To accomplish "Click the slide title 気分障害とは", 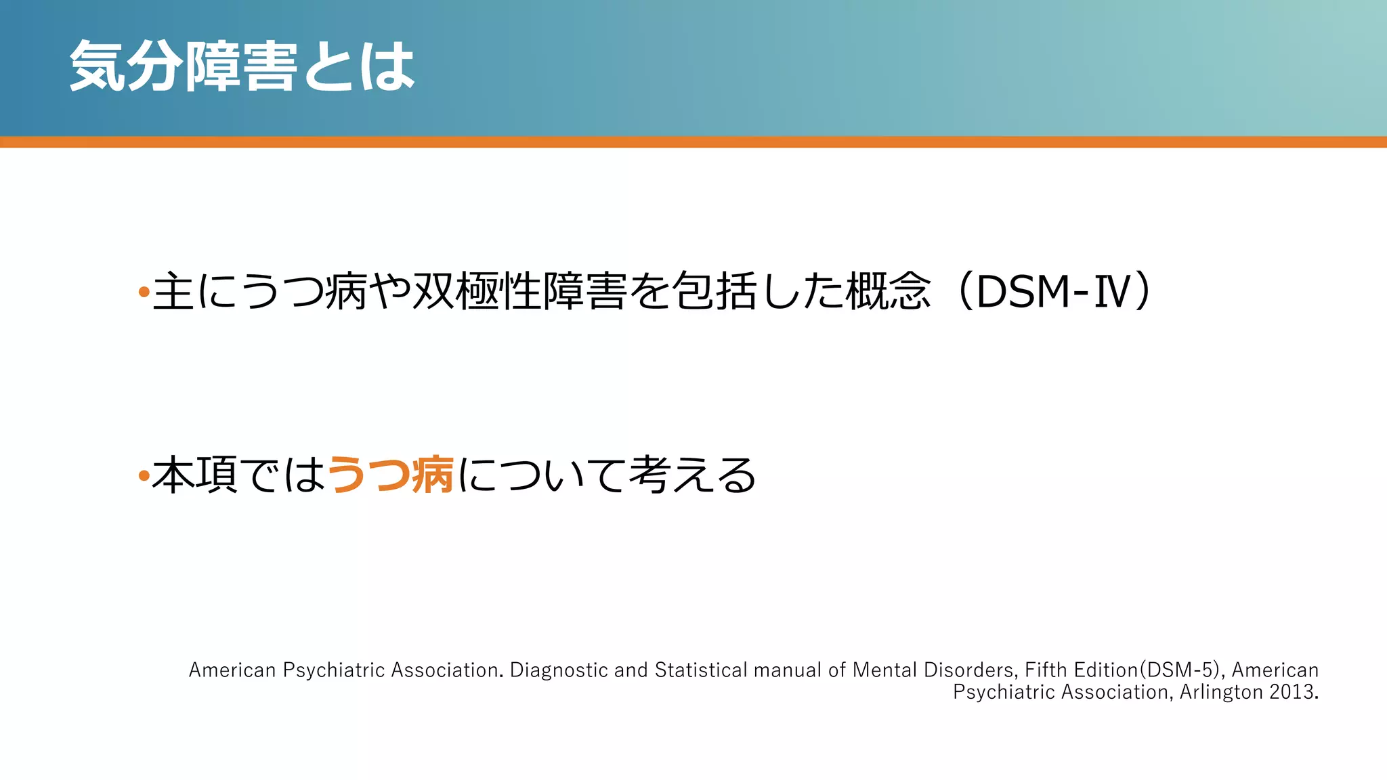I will tap(242, 66).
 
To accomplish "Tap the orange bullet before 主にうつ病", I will tap(143, 292).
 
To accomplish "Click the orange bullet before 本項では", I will tap(143, 476).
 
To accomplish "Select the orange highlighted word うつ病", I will tap(390, 475).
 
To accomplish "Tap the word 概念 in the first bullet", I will tap(888, 292).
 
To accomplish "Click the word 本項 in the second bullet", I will tap(195, 475).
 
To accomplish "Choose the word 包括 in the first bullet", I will tap(714, 292).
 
